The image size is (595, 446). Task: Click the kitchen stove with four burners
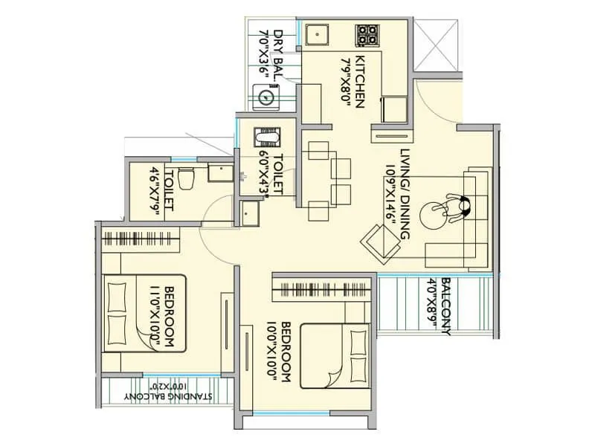click(x=367, y=34)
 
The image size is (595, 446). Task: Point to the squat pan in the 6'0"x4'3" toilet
click(x=264, y=139)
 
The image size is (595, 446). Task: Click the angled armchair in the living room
click(x=382, y=242)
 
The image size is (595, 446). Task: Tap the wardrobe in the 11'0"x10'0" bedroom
click(x=141, y=240)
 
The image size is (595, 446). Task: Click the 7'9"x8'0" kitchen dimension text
click(x=345, y=81)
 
